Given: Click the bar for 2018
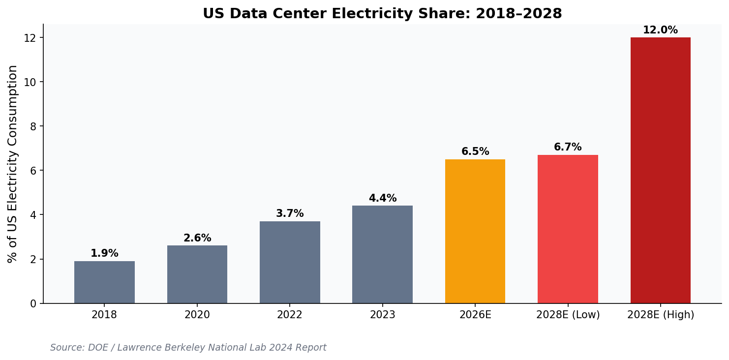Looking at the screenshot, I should [x=104, y=282].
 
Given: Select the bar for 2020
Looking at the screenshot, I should [x=197, y=274].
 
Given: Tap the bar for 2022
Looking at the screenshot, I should [x=290, y=262].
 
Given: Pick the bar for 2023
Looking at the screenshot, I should [x=382, y=254].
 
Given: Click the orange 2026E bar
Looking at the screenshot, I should [x=475, y=231].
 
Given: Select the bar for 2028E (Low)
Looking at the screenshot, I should [x=568, y=229].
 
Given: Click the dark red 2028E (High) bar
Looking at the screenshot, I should [x=660, y=170].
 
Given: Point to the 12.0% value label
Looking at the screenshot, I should [x=660, y=30].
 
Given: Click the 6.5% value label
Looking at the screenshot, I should [x=475, y=152].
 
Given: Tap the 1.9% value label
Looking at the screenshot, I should [x=104, y=254].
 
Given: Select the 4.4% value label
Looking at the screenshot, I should [x=382, y=199].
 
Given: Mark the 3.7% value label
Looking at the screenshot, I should [x=290, y=214].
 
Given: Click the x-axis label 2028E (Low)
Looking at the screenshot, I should [x=568, y=315].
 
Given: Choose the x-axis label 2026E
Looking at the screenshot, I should [x=475, y=315].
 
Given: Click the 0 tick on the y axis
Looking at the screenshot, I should [x=33, y=304].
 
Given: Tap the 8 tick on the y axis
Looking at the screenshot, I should [x=33, y=126].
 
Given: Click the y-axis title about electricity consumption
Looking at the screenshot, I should [x=13, y=164].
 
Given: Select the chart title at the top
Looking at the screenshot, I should [x=382, y=14].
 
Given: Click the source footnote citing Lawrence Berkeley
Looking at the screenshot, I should [x=188, y=348].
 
